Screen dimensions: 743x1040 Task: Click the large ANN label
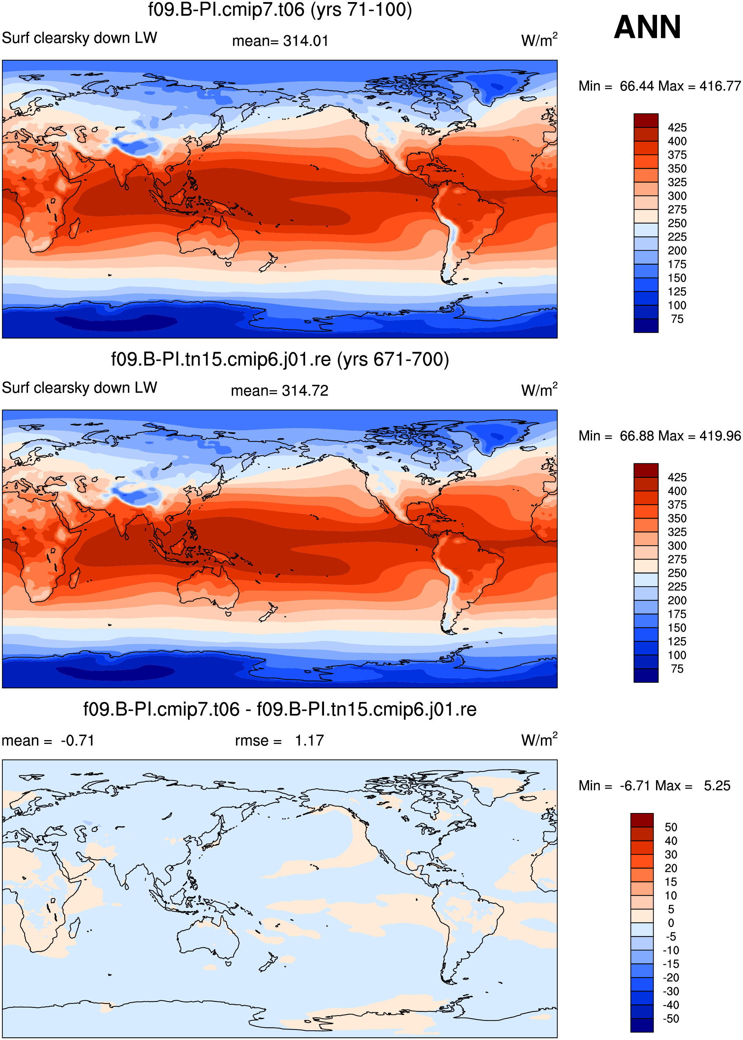pyautogui.click(x=647, y=27)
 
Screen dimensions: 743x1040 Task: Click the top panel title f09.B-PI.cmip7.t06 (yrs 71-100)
pyautogui.click(x=280, y=10)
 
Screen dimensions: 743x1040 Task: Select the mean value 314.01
pyautogui.click(x=306, y=41)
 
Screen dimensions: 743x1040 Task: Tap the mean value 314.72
pyautogui.click(x=305, y=391)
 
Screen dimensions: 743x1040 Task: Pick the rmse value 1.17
pyautogui.click(x=309, y=740)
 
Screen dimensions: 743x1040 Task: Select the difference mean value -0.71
pyautogui.click(x=77, y=740)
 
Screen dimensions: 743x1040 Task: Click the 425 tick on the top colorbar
pyautogui.click(x=677, y=127)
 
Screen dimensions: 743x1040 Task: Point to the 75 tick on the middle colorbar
pyautogui.click(x=677, y=669)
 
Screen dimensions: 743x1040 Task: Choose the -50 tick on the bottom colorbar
pyautogui.click(x=671, y=1019)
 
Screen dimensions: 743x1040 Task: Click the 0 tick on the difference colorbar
pyautogui.click(x=671, y=923)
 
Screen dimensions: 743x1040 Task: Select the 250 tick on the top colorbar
pyautogui.click(x=677, y=223)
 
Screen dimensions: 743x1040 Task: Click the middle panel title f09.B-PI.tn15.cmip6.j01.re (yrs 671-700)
pyautogui.click(x=280, y=360)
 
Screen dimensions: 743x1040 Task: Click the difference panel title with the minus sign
pyautogui.click(x=280, y=709)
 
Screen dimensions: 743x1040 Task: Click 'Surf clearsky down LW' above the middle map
pyautogui.click(x=79, y=388)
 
